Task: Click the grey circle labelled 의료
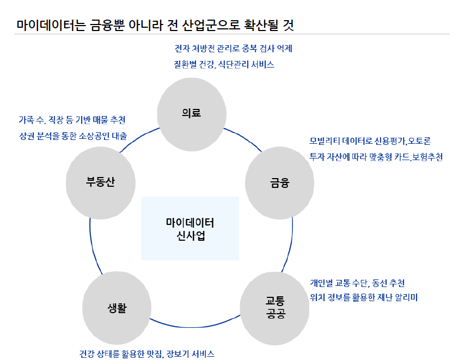click(191, 112)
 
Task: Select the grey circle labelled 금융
click(280, 182)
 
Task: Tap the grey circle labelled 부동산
click(100, 182)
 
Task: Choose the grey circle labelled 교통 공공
click(275, 307)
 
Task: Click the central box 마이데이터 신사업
click(190, 229)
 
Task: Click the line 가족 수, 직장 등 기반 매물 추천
click(72, 119)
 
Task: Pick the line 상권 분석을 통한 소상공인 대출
click(72, 136)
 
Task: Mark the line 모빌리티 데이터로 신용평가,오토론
click(370, 141)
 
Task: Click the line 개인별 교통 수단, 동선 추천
click(357, 283)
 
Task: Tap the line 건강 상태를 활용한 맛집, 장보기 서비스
click(147, 353)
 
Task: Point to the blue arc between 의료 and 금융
click(243, 138)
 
